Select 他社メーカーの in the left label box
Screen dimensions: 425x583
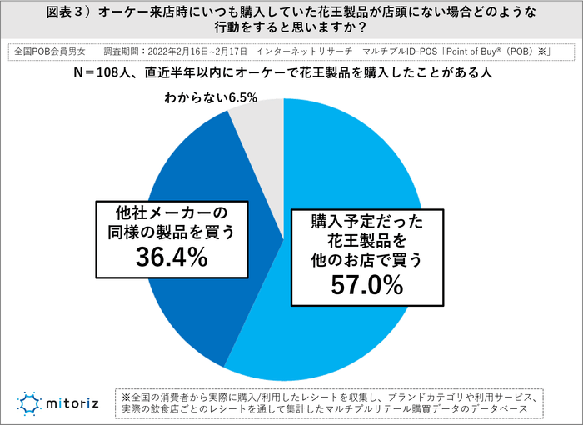click(171, 211)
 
